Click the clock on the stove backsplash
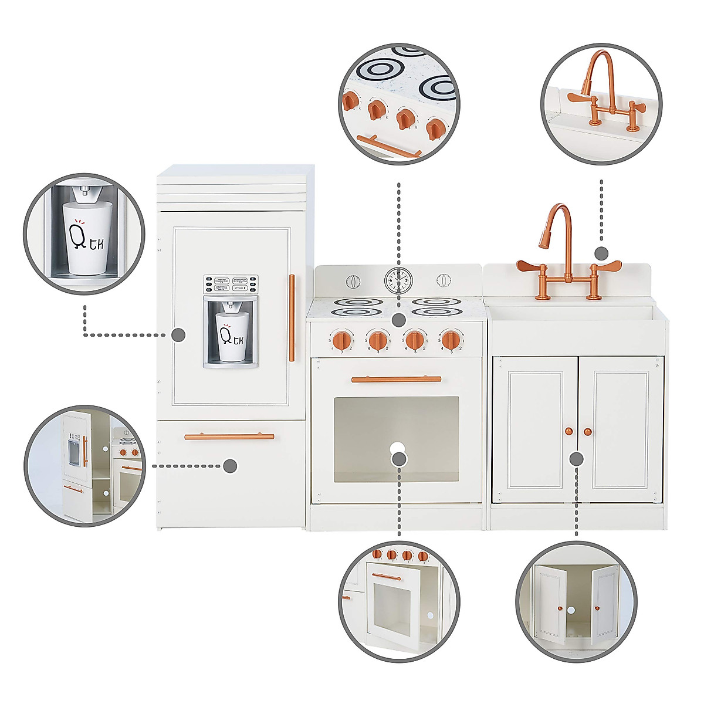click(398, 280)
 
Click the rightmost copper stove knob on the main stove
click(451, 339)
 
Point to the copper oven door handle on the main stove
click(396, 380)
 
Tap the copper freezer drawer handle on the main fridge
click(229, 436)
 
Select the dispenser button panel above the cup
click(231, 284)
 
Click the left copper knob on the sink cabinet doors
click(568, 432)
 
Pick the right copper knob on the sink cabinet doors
click(587, 432)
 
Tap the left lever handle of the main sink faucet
click(529, 266)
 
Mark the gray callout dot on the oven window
click(399, 459)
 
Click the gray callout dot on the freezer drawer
click(230, 466)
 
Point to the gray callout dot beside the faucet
click(601, 253)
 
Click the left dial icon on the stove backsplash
click(353, 281)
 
